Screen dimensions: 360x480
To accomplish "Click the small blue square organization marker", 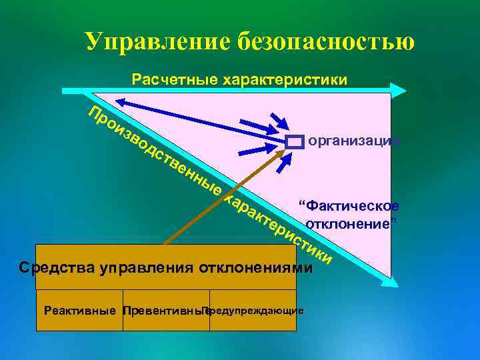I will (295, 141).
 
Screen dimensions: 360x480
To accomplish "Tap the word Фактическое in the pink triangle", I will (349, 205).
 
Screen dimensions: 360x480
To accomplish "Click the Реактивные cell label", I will (79, 311).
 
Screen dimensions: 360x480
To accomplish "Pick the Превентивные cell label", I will (164, 311).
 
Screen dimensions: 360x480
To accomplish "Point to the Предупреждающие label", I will (256, 311).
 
